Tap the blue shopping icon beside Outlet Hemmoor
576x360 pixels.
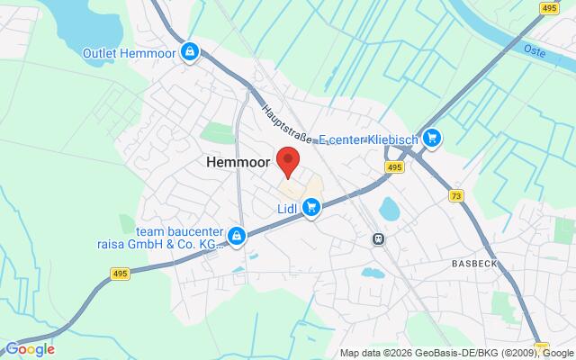[190, 52]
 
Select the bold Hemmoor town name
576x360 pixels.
[237, 163]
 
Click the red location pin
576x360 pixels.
[288, 162]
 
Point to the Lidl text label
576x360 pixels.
[287, 208]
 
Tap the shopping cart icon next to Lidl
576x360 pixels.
[311, 209]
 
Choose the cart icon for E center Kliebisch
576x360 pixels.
[433, 137]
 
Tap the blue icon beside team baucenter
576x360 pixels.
[236, 236]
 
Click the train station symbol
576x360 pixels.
[380, 238]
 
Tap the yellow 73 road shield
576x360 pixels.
[457, 196]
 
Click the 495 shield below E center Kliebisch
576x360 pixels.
[394, 166]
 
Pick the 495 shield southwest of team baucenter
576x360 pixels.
[121, 273]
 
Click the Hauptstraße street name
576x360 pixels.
[287, 124]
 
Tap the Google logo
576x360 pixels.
[30, 349]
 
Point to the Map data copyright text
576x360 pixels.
[456, 352]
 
